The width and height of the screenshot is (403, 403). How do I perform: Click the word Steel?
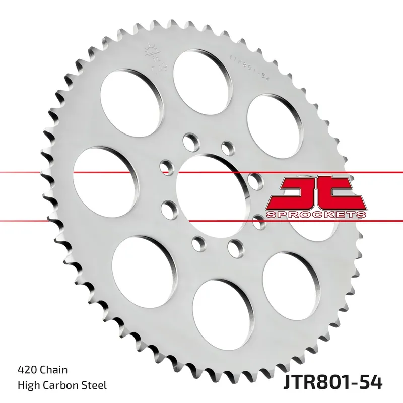click(95, 386)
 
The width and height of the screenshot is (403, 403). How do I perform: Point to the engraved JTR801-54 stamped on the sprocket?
click(250, 65)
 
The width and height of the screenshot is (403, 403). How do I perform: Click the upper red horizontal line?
click(50, 173)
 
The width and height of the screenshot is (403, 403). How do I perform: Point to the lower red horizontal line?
click(50, 220)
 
